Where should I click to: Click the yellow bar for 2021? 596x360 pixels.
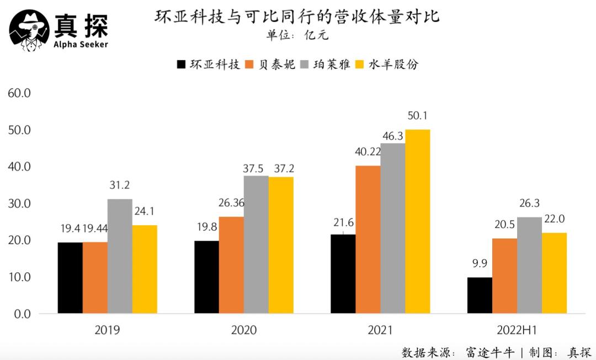(x=417, y=221)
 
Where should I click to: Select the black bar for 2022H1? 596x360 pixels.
(x=480, y=295)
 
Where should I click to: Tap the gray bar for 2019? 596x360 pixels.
(x=120, y=256)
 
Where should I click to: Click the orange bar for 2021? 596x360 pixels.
(x=368, y=240)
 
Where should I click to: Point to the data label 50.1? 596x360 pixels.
(x=418, y=116)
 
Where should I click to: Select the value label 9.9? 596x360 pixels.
(x=480, y=264)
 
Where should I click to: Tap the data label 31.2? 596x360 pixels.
(x=120, y=186)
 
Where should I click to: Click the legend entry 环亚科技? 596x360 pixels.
(x=209, y=65)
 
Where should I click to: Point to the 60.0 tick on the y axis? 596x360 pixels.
(x=19, y=93)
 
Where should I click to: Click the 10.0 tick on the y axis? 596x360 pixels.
(x=19, y=277)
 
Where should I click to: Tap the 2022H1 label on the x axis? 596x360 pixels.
(x=517, y=331)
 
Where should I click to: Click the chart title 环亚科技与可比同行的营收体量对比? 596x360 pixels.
(x=297, y=17)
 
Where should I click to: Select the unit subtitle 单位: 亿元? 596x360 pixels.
(x=297, y=36)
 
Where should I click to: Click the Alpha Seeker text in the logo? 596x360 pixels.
(x=81, y=44)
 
